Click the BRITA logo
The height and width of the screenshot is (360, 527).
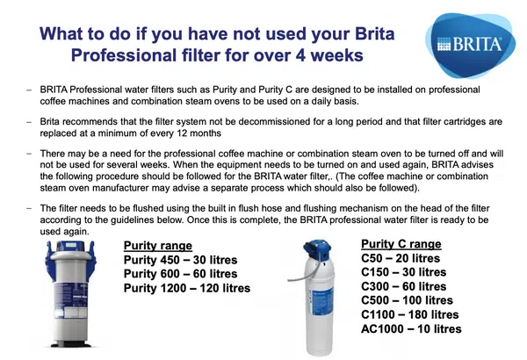pyautogui.click(x=470, y=45)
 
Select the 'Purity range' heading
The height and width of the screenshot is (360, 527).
pyautogui.click(x=157, y=246)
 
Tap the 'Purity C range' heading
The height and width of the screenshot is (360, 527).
pyautogui.click(x=401, y=244)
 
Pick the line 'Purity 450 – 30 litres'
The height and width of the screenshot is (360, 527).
pyautogui.click(x=180, y=260)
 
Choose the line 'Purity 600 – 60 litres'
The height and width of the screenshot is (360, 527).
pyautogui.click(x=180, y=274)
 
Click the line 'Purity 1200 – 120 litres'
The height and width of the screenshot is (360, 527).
pyautogui.click(x=187, y=288)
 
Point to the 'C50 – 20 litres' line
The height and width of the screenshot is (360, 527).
pyautogui.click(x=401, y=258)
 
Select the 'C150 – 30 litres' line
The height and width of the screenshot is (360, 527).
pyautogui.click(x=404, y=272)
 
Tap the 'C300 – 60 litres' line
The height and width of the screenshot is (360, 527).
pyautogui.click(x=404, y=286)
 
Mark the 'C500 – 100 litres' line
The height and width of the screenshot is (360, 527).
pyautogui.click(x=407, y=300)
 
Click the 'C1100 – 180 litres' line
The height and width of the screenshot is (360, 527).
pyautogui.click(x=409, y=314)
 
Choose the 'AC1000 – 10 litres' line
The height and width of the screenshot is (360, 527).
pyautogui.click(x=411, y=328)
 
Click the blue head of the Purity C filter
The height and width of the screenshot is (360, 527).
pyautogui.click(x=317, y=250)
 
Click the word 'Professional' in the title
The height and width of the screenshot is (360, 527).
pyautogui.click(x=123, y=55)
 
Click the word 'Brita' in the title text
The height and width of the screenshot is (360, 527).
pyautogui.click(x=374, y=34)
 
